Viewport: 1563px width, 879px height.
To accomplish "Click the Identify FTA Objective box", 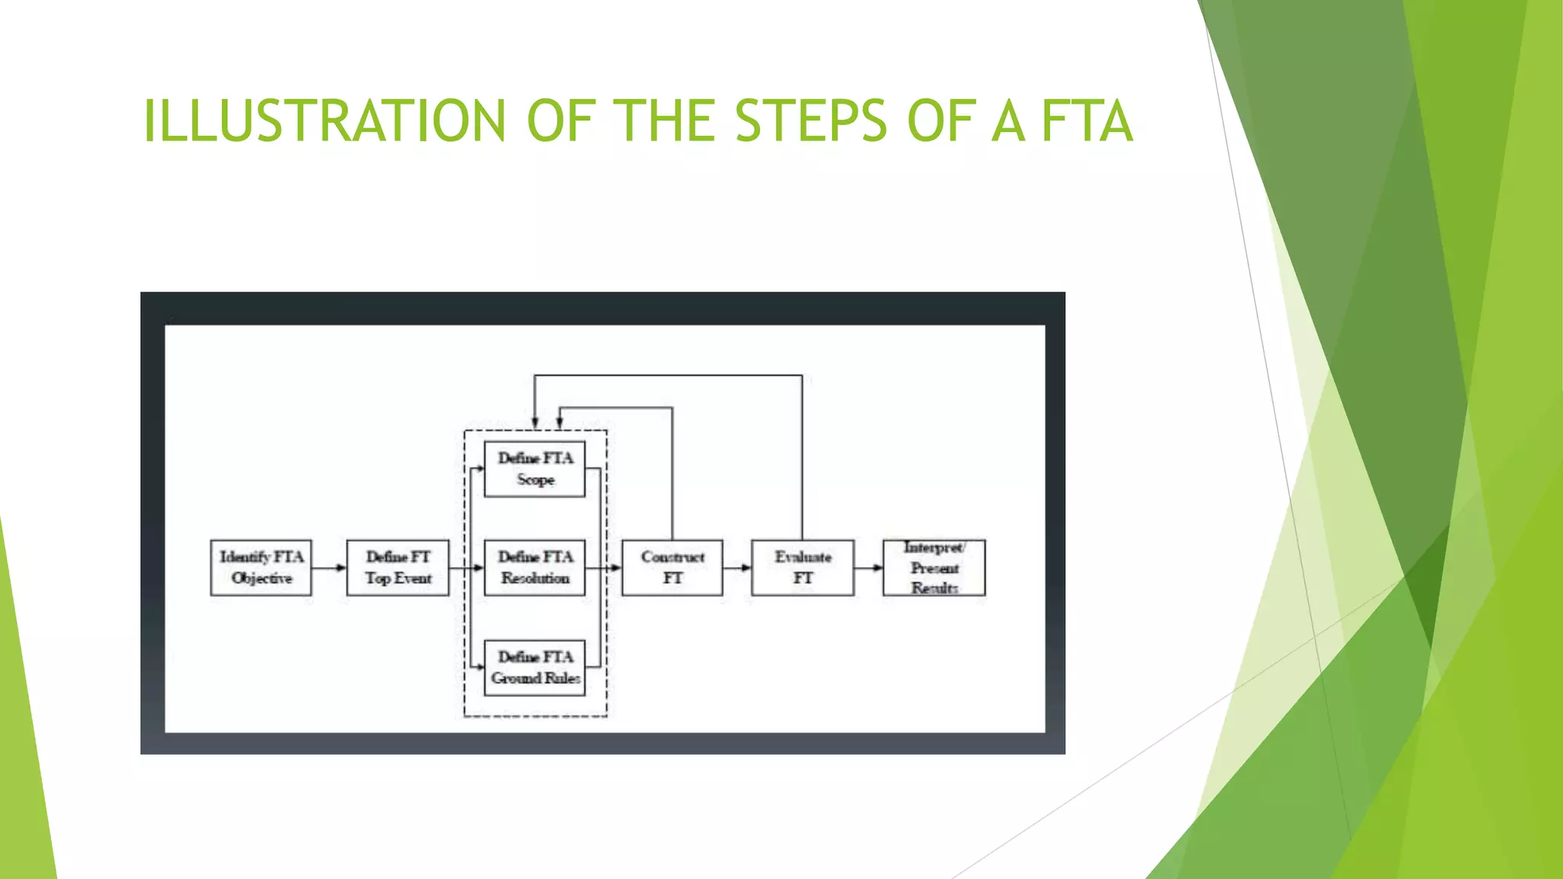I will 261,568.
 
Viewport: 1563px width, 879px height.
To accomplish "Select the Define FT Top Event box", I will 398,568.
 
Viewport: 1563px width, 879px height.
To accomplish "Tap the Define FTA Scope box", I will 535,468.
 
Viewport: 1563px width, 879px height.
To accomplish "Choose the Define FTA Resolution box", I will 535,568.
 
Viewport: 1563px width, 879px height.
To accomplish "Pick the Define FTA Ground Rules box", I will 535,668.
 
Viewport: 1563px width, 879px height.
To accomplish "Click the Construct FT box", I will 672,568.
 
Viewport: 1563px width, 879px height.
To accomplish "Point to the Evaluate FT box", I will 803,568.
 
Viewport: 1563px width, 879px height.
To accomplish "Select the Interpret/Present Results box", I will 934,568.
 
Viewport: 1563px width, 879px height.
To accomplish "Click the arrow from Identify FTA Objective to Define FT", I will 329,568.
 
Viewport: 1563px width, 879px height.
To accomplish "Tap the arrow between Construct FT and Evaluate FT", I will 737,568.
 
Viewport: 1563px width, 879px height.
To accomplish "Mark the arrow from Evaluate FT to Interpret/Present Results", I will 869,568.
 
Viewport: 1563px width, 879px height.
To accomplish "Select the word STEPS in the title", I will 811,121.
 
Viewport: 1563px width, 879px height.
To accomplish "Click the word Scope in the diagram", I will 536,480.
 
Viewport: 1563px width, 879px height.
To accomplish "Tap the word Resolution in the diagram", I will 536,578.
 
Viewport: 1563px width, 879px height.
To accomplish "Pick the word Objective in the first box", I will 262,578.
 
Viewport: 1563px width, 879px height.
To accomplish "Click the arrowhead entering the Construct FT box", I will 616,568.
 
